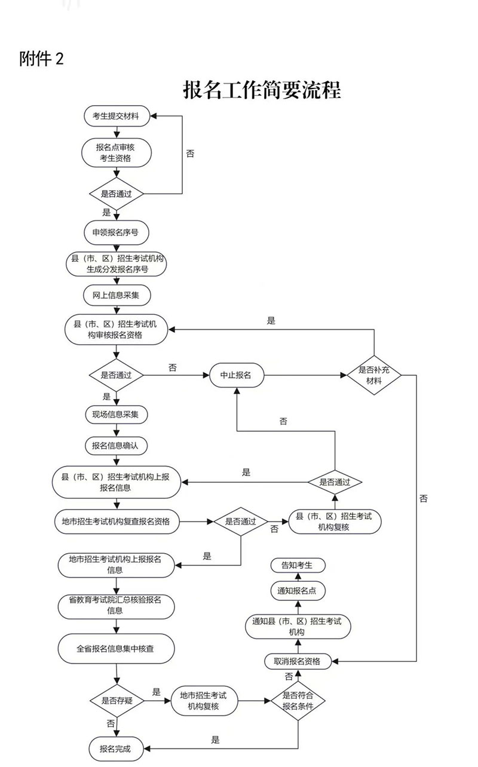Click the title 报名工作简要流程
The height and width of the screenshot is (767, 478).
click(x=262, y=91)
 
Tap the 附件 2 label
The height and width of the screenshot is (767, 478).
click(x=41, y=59)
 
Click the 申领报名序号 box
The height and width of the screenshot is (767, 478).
click(x=115, y=232)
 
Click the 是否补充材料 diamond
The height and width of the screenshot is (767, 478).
click(x=374, y=375)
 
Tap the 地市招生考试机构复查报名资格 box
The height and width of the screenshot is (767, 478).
click(x=115, y=521)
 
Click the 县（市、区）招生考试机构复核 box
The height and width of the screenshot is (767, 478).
click(x=335, y=521)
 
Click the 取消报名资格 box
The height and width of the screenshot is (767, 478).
click(x=298, y=661)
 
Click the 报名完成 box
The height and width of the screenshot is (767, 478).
click(x=115, y=748)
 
